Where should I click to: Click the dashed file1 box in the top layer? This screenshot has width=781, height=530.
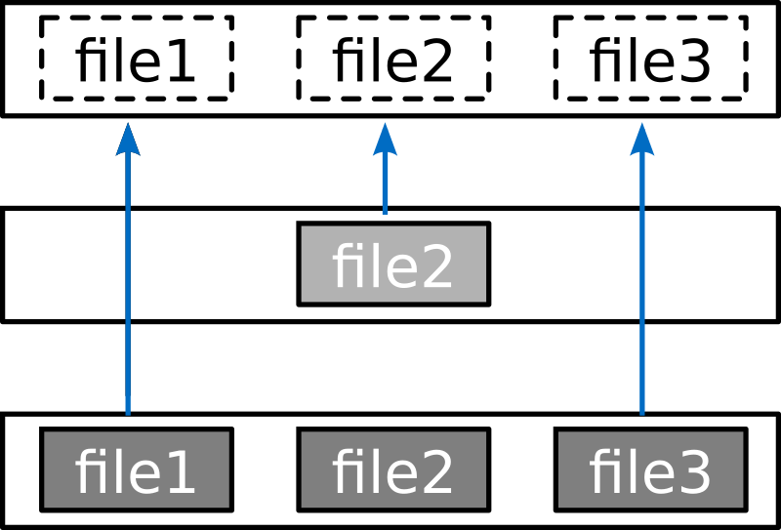pos(136,58)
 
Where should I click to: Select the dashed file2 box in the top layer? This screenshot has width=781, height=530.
pos(392,58)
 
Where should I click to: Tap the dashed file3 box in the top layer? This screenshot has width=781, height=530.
pos(650,58)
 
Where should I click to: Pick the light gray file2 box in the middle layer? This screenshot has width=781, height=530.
pos(392,265)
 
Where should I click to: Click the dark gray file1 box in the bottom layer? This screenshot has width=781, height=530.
pos(136,469)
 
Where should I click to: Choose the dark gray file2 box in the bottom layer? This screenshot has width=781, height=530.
pos(392,469)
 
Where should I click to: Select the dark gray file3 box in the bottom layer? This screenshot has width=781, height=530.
pos(650,469)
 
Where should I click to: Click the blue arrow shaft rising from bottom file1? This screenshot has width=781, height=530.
pos(128,293)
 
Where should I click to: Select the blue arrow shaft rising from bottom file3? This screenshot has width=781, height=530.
pos(642,293)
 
